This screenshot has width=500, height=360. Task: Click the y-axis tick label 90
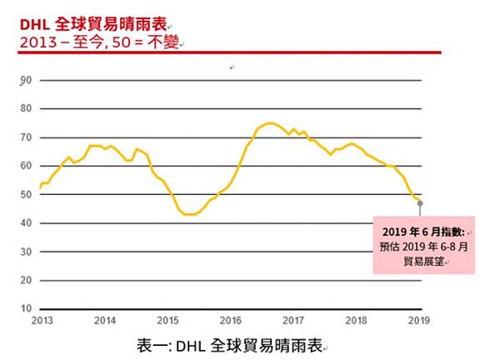tap(26, 81)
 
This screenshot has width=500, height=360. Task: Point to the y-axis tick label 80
tap(26, 109)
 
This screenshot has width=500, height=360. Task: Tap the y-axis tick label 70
tap(26, 137)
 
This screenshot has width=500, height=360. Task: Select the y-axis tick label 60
tap(26, 167)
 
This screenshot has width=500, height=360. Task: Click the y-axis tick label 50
tap(26, 195)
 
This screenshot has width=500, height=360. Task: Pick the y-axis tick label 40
tap(26, 223)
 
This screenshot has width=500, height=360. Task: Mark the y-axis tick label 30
tap(26, 252)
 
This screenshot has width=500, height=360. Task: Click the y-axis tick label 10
tap(26, 308)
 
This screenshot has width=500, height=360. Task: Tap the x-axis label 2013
tap(42, 320)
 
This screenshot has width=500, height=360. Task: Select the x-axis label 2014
tap(105, 320)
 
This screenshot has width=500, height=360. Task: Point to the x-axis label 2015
tap(167, 320)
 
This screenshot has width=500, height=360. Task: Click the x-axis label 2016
tap(231, 320)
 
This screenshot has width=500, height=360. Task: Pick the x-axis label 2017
tap(293, 320)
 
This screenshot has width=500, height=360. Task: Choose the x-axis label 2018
tap(357, 320)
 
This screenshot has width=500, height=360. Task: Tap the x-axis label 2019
tap(418, 320)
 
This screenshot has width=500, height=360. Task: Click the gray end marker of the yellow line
tap(420, 202)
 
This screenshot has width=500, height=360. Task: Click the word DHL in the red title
tap(33, 26)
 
